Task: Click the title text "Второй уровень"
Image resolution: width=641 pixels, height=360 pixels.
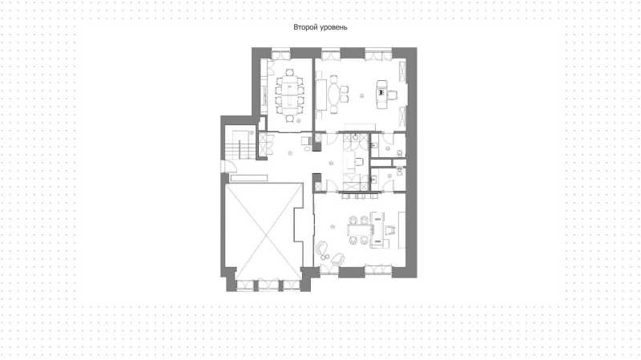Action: coord(320,27)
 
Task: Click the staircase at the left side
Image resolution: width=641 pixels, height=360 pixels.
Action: coord(240,145)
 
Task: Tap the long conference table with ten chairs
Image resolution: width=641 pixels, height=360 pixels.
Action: coord(289,95)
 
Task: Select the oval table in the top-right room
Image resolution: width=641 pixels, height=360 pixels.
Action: coord(333,95)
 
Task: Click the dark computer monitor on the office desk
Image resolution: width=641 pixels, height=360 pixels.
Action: coord(382,92)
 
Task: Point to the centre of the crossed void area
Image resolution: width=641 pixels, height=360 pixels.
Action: coord(264,232)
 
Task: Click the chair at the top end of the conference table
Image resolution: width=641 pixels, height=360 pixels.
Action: coord(289,73)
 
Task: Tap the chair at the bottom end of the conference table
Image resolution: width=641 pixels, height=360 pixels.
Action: coord(289,119)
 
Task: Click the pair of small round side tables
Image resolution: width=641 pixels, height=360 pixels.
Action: coord(325,257)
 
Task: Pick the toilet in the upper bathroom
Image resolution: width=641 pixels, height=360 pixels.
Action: coord(399,153)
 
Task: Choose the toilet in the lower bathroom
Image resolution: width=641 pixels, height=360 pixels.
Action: coord(399,172)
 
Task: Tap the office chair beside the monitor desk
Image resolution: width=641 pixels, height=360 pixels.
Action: coord(392,95)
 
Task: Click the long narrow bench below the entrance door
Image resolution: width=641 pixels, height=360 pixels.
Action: coord(248,178)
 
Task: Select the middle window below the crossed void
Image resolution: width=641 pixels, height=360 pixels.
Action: coord(268,285)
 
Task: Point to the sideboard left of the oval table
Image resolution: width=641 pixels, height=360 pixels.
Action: coord(321,95)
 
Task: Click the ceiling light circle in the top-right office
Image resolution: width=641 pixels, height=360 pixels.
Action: coord(361,96)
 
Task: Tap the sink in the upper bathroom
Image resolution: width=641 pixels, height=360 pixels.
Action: coord(373,145)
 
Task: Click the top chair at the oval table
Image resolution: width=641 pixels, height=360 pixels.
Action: coord(334,79)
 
